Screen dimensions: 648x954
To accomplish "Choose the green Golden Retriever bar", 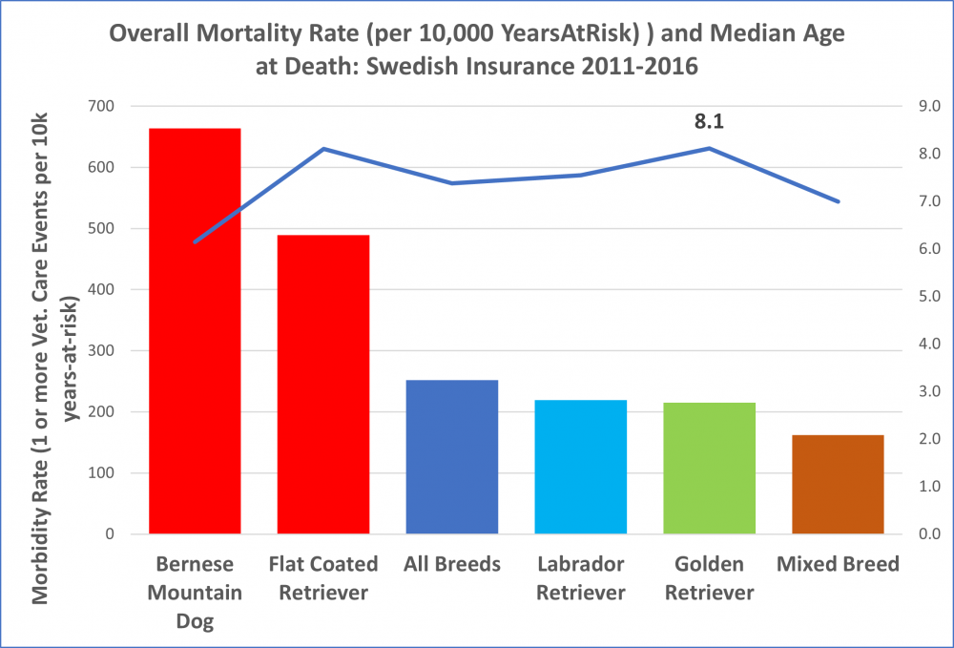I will pos(709,468).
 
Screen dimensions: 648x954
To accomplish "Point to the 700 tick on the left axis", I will pos(98,106).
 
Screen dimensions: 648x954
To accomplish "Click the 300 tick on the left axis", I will pos(98,350).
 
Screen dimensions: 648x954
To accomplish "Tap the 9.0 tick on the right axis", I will pos(928,106).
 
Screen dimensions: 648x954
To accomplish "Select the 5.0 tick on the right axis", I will pos(928,296).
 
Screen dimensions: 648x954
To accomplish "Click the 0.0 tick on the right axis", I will pos(928,533).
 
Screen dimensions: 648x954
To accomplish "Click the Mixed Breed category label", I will pos(838,564).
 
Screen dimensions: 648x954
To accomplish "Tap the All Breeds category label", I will pos(451,564).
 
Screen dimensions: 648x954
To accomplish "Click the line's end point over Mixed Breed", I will pos(838,201).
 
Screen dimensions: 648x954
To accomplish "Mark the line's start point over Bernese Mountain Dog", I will pos(195,241).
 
